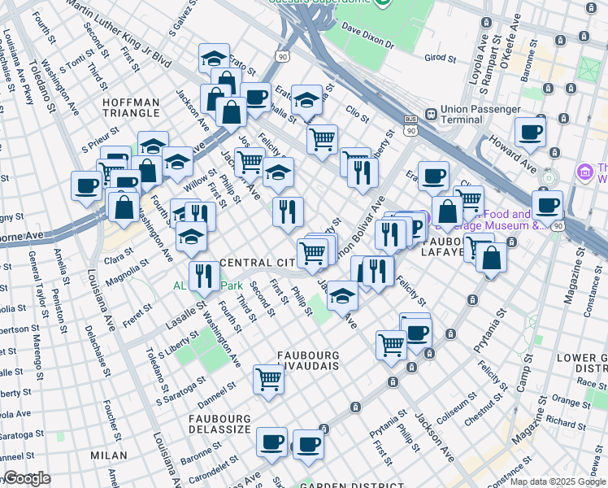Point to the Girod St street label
tap(440, 58)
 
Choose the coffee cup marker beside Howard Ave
tap(530, 132)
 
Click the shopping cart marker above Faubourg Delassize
tap(269, 378)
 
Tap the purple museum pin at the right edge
tap(584, 172)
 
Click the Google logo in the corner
tap(28, 478)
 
